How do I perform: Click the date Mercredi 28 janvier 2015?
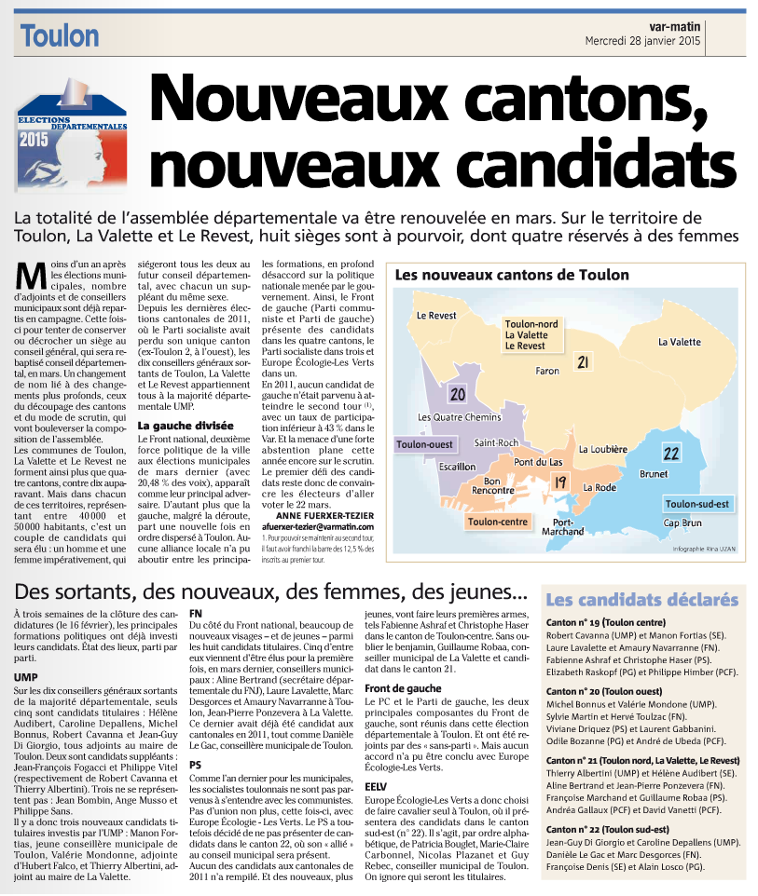pyautogui.click(x=644, y=43)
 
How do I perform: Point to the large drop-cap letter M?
pyautogui.click(x=33, y=278)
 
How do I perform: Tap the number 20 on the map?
pyautogui.click(x=457, y=394)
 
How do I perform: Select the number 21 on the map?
pyautogui.click(x=583, y=362)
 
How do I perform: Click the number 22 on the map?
pyautogui.click(x=670, y=454)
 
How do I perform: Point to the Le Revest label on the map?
pyautogui.click(x=436, y=316)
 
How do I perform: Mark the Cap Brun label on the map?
pyautogui.click(x=684, y=523)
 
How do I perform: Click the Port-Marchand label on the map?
pyautogui.click(x=562, y=528)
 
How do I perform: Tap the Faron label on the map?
pyautogui.click(x=547, y=371)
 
